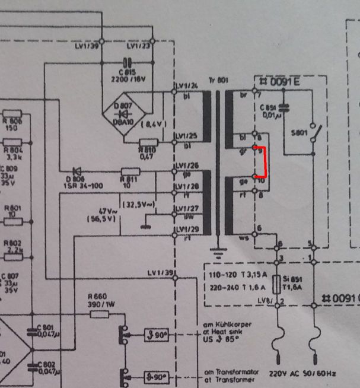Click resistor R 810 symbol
pyautogui.click(x=148, y=142)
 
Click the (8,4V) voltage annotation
pyautogui.click(x=153, y=124)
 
